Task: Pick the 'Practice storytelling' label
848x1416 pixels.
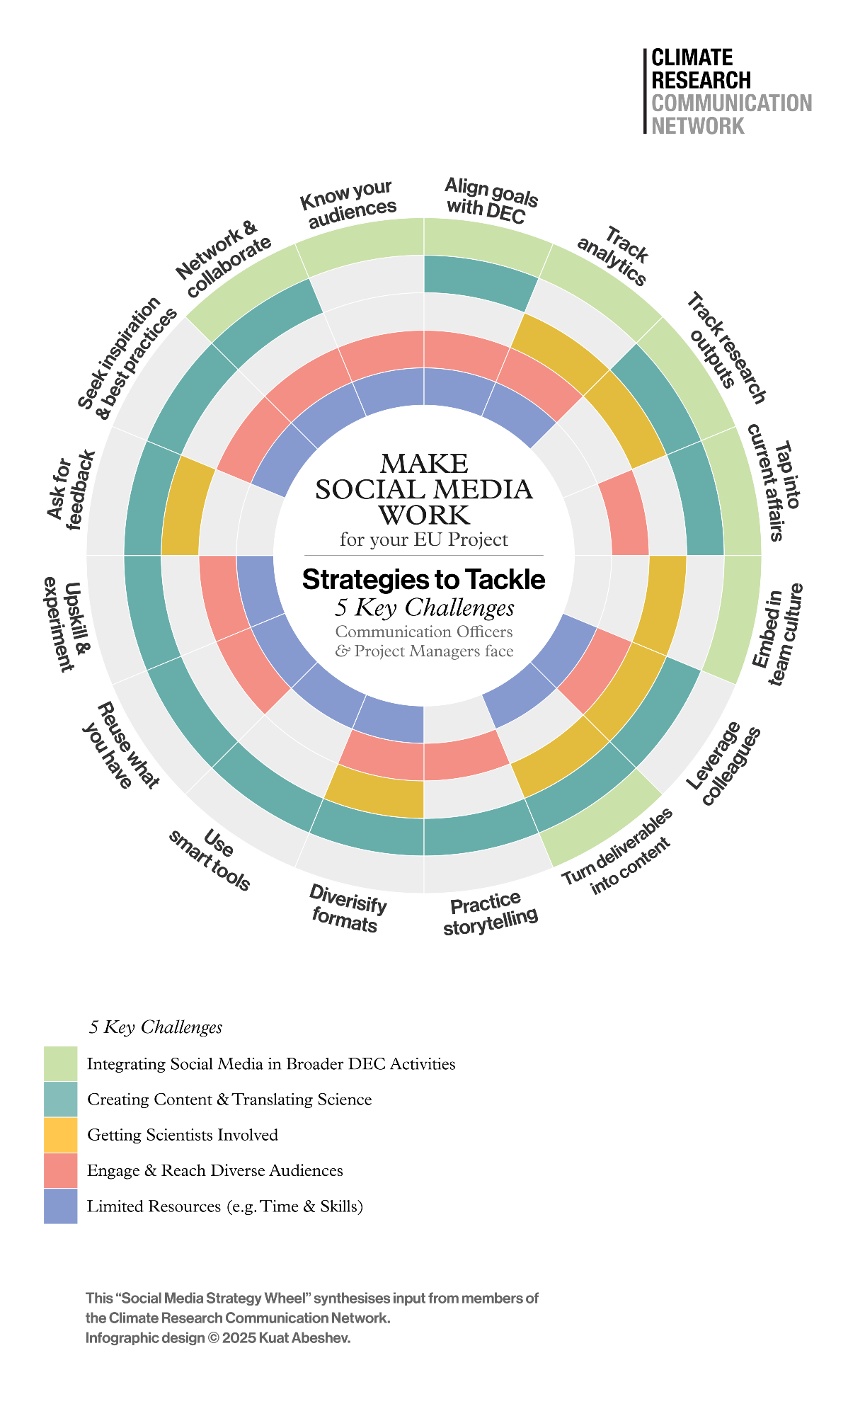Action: click(490, 913)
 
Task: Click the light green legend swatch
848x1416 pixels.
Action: click(60, 1063)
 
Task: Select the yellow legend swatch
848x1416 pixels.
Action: click(60, 1135)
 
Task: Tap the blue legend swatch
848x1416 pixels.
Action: click(60, 1206)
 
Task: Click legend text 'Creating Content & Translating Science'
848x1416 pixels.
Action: click(229, 1100)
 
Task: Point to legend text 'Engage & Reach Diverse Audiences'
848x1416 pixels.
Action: click(215, 1170)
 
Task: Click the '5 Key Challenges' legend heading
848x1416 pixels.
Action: click(156, 1027)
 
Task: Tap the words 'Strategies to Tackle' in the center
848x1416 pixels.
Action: click(423, 580)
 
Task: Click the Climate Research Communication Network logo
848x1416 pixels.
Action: click(729, 91)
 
